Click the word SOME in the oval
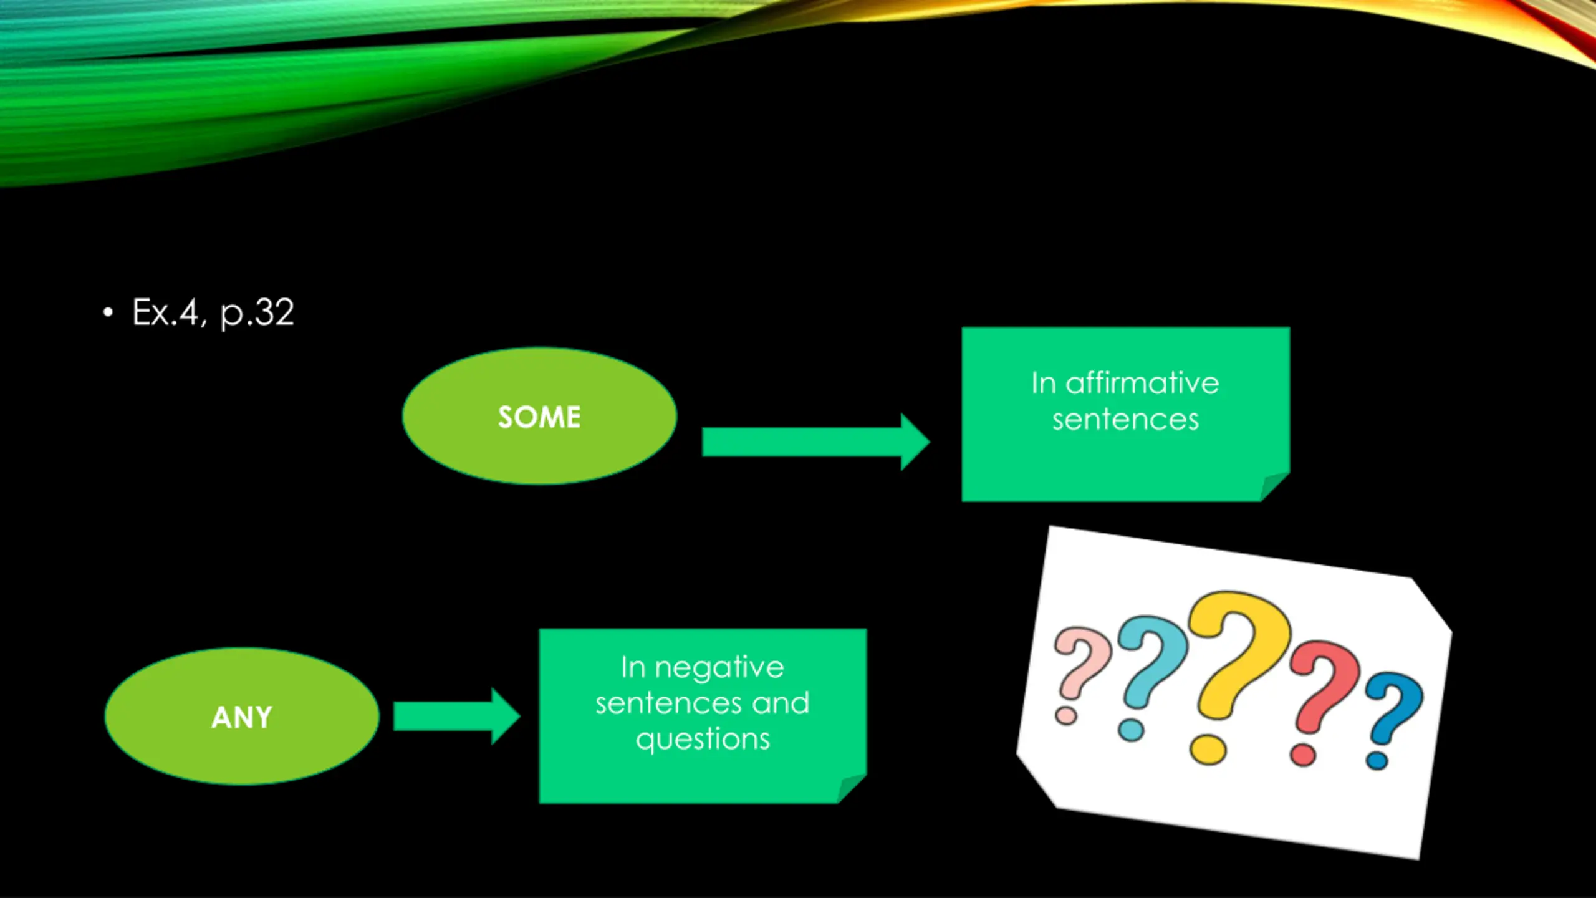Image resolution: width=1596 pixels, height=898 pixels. point(539,417)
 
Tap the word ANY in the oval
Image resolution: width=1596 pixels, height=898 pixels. point(242,717)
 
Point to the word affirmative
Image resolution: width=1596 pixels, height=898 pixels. point(1142,383)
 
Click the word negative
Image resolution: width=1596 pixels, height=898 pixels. point(719,667)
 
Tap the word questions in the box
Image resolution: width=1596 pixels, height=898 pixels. point(703,739)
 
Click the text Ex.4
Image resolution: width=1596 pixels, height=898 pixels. point(165,312)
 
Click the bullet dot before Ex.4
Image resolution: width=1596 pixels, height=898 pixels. point(108,312)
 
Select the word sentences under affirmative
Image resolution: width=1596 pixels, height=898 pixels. point(1125,419)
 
